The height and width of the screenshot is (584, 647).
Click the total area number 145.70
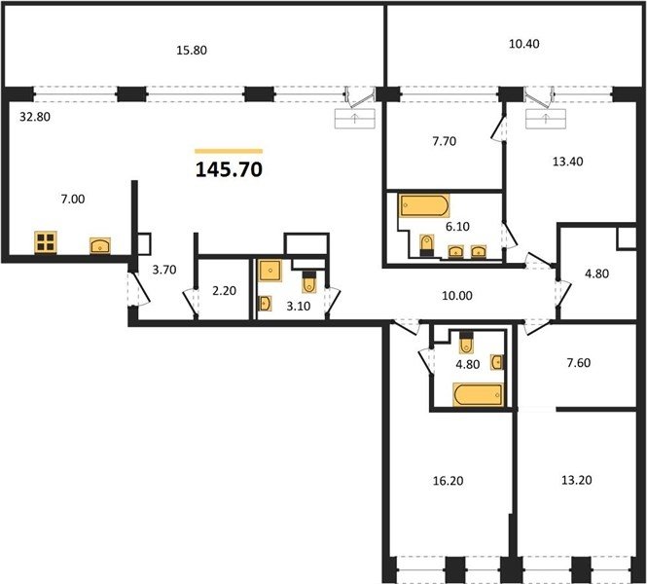229,169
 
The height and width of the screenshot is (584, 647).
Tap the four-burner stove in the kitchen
46,241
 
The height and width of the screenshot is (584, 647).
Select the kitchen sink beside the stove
100,245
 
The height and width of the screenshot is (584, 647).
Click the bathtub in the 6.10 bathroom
424,205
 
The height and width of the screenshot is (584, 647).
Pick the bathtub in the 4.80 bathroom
479,394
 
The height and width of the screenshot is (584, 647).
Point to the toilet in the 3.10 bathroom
308,281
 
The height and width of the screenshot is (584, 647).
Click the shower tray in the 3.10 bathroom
270,271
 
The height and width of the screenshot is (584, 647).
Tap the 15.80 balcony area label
192,51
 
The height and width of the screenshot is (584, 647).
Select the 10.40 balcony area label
524,44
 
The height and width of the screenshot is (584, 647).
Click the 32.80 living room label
35,117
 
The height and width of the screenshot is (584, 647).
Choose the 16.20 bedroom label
448,481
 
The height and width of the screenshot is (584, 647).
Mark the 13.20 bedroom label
576,480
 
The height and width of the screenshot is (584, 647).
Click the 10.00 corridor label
457,296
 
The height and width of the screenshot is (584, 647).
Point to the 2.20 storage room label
224,291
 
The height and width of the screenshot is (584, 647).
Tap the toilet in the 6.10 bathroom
427,245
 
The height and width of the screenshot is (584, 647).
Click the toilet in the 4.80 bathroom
466,342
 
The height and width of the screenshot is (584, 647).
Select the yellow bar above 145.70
229,151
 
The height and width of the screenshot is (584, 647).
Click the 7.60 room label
579,363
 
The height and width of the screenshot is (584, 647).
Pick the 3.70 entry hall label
164,270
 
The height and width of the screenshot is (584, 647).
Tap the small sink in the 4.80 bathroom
497,362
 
